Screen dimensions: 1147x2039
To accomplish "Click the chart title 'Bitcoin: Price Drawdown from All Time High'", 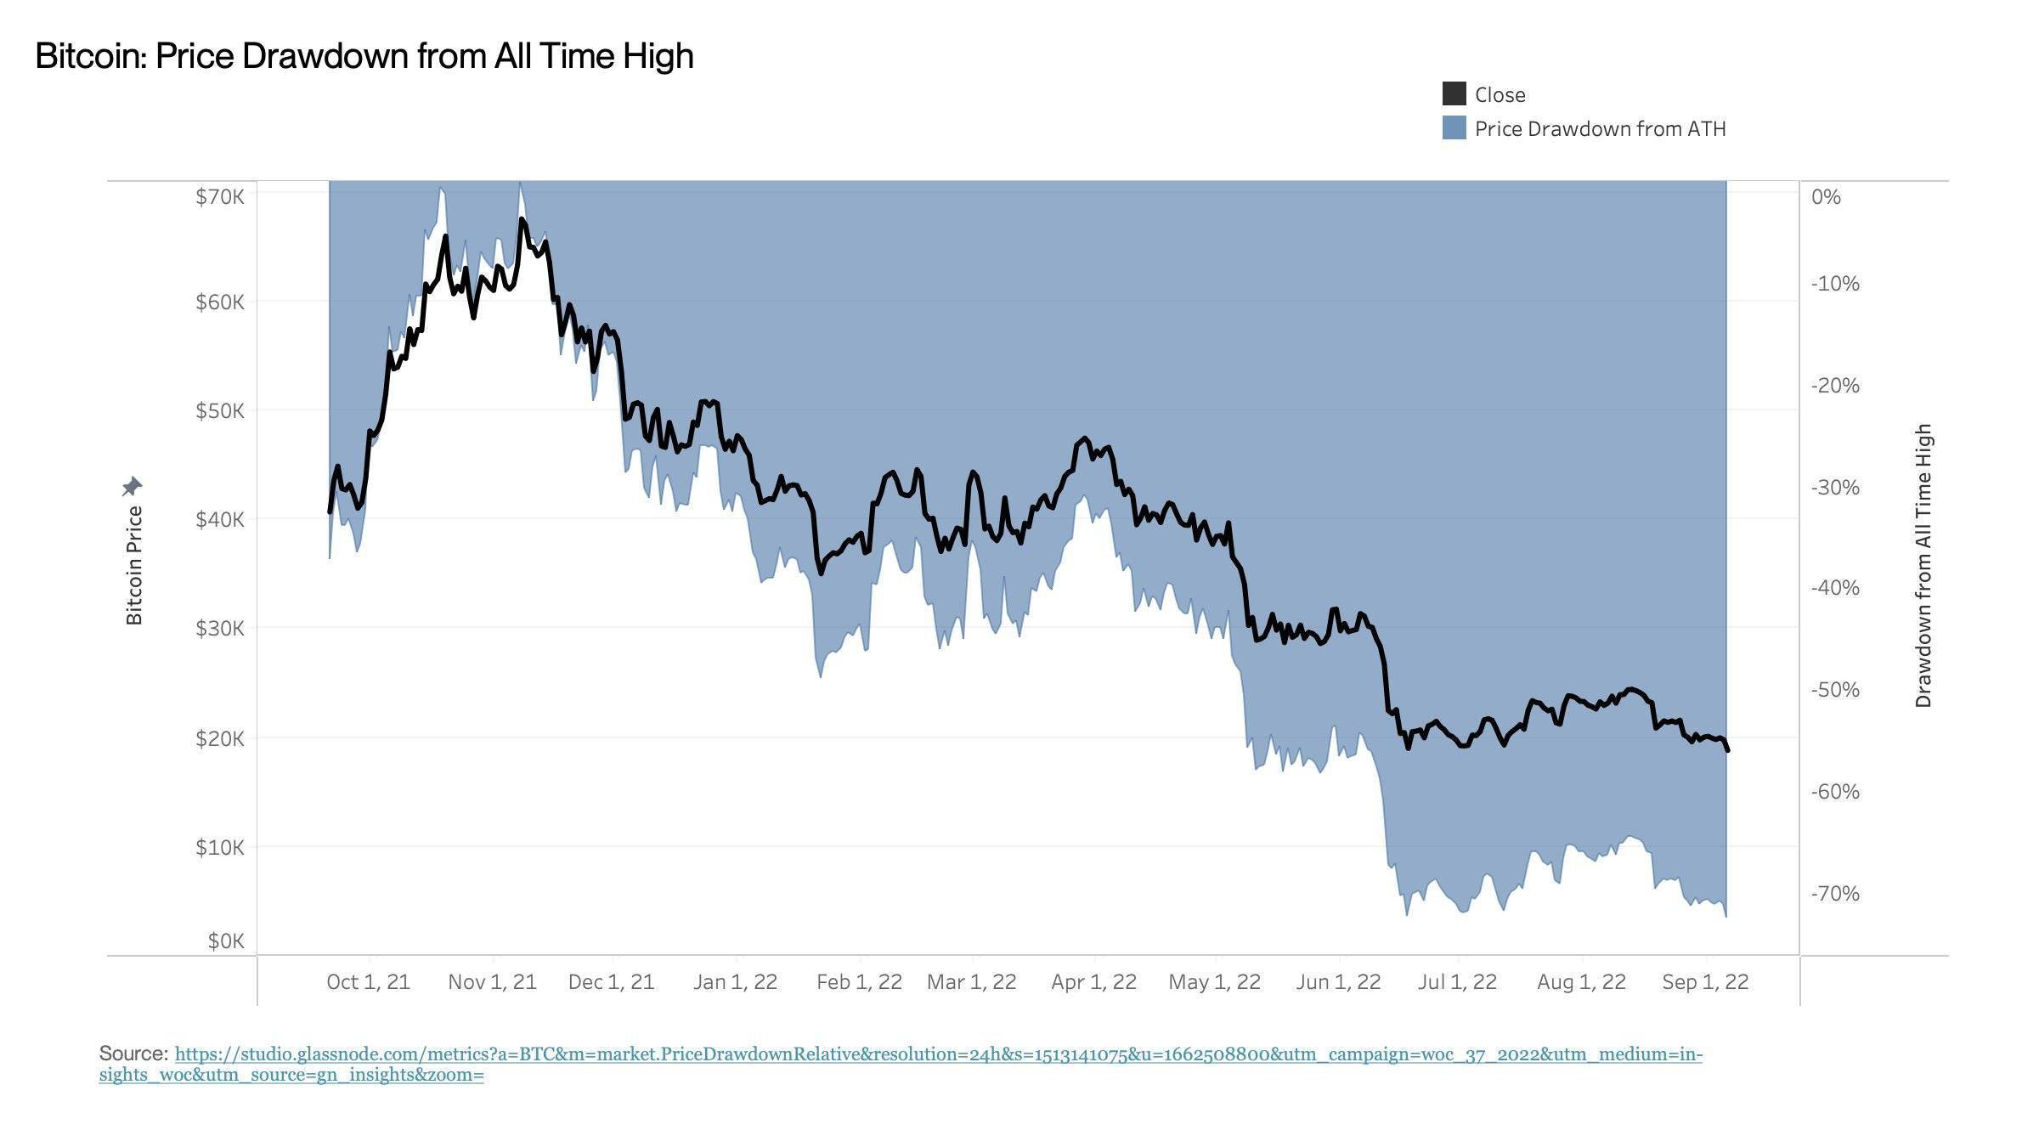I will tap(364, 56).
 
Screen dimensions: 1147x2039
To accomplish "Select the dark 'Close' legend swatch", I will tap(1454, 94).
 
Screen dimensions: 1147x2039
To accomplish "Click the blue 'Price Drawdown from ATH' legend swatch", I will tap(1454, 128).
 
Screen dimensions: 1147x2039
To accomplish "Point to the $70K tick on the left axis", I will tap(220, 197).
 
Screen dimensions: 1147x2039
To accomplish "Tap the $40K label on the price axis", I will tap(220, 519).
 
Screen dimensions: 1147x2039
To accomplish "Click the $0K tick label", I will tap(226, 941).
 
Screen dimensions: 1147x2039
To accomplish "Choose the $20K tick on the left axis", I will tap(220, 738).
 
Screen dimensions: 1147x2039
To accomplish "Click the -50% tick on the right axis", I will tap(1835, 689).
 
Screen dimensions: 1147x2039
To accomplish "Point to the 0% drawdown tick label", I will tap(1826, 197).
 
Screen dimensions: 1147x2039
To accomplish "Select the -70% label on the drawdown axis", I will tap(1835, 893).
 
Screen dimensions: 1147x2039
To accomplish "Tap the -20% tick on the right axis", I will tap(1835, 385).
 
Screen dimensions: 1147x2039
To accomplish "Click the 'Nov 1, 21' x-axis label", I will tap(492, 982).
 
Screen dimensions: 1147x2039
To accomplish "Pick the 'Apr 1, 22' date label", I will tap(1093, 982).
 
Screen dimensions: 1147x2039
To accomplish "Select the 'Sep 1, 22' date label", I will tap(1705, 982).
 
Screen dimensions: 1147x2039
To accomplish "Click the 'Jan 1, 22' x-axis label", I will tap(735, 982).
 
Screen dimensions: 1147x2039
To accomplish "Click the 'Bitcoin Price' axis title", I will tap(134, 565).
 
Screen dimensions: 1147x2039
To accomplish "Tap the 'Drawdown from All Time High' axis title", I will tap(1923, 565).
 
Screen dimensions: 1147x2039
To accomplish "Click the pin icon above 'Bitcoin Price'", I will tap(132, 487).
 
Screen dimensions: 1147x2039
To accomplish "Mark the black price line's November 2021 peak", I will tap(522, 220).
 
